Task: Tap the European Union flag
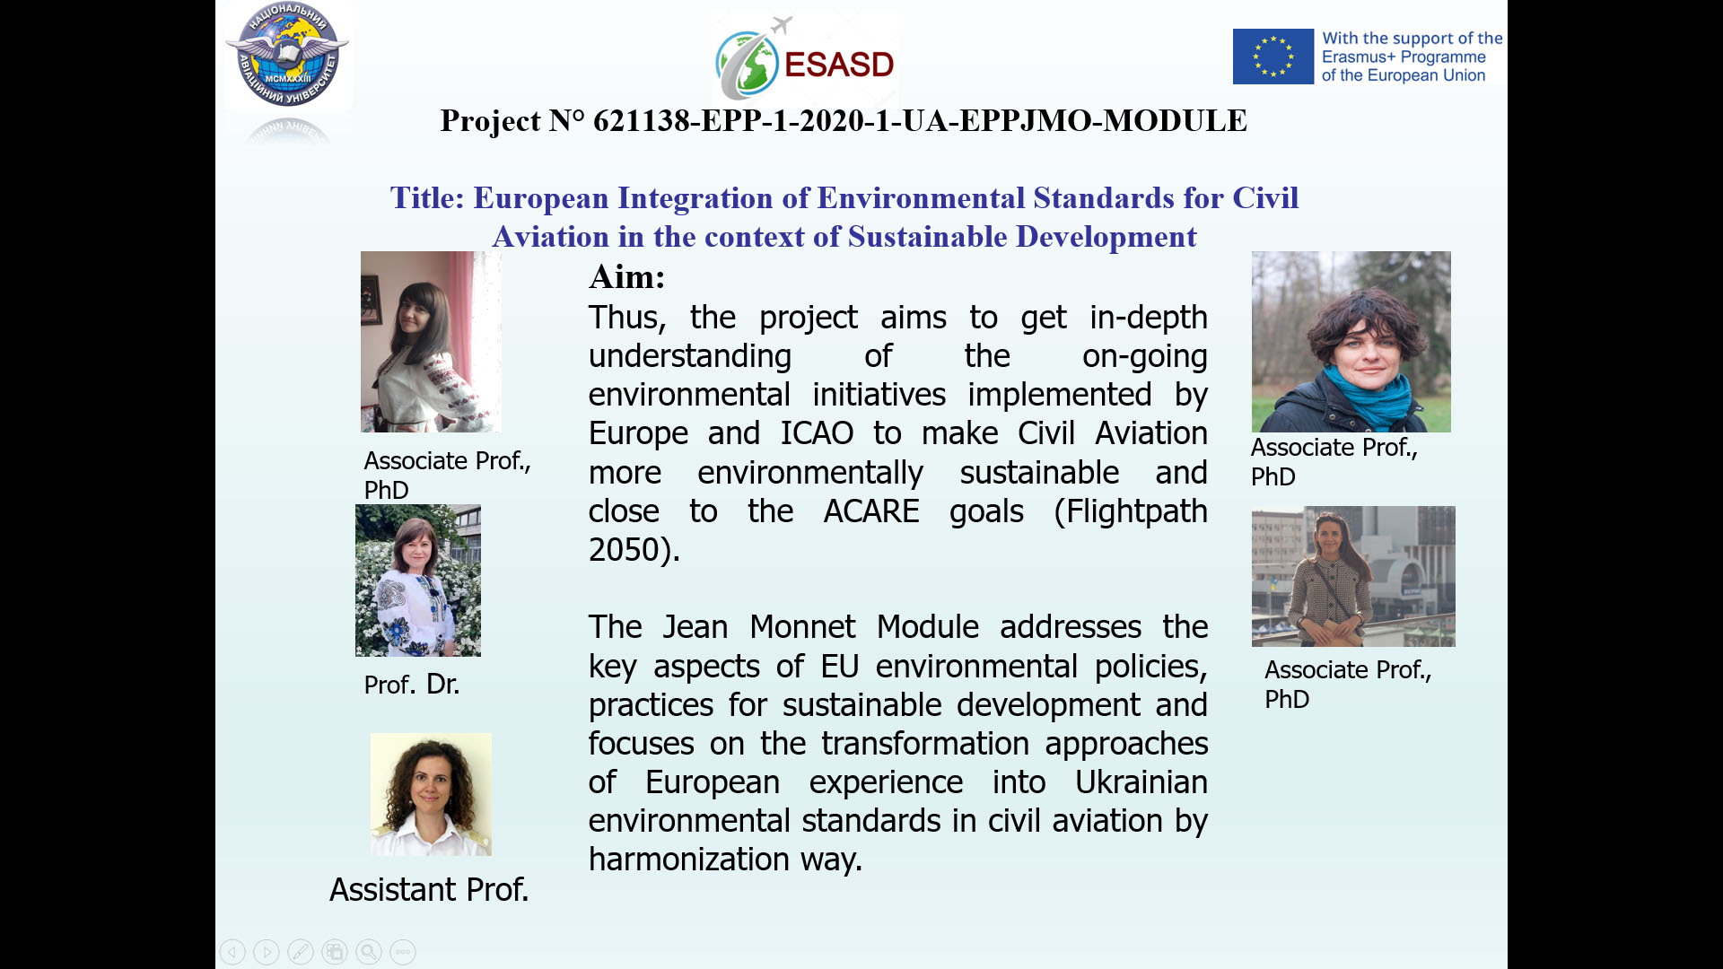click(x=1273, y=57)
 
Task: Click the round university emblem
click(x=287, y=55)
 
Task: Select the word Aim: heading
click(x=626, y=276)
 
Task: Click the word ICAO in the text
click(x=817, y=433)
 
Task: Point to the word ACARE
click(x=871, y=511)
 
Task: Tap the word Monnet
click(x=802, y=627)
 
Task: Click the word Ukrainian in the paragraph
click(x=1141, y=782)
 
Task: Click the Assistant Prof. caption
click(x=429, y=890)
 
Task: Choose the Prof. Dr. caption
click(x=412, y=685)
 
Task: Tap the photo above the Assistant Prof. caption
click(x=431, y=794)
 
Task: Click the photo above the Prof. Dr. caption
click(x=418, y=581)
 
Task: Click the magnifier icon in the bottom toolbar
click(x=369, y=952)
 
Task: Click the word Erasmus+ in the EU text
click(x=1358, y=57)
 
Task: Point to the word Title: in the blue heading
click(x=427, y=198)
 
